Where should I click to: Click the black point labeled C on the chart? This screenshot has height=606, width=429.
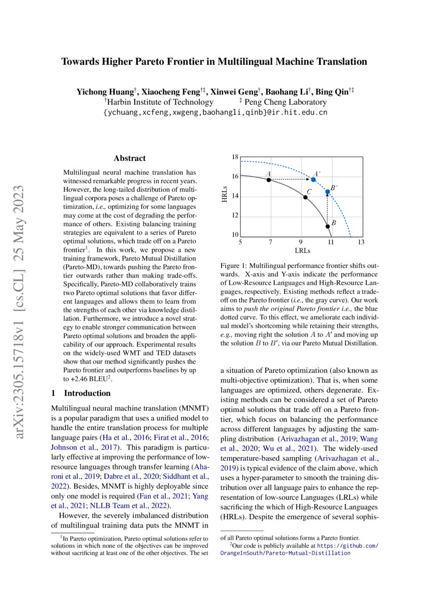(306, 197)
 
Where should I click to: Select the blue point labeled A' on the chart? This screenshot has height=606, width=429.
(313, 179)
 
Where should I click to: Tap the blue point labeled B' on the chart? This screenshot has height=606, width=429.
(327, 192)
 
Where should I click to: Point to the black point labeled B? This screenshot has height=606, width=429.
(327, 226)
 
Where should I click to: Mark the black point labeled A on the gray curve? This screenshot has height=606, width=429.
(269, 180)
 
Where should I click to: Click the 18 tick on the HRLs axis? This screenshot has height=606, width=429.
(234, 157)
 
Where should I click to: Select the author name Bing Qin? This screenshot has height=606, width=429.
(331, 92)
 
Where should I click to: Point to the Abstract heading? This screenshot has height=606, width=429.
(129, 158)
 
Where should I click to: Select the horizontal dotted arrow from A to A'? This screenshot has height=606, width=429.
(290, 180)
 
